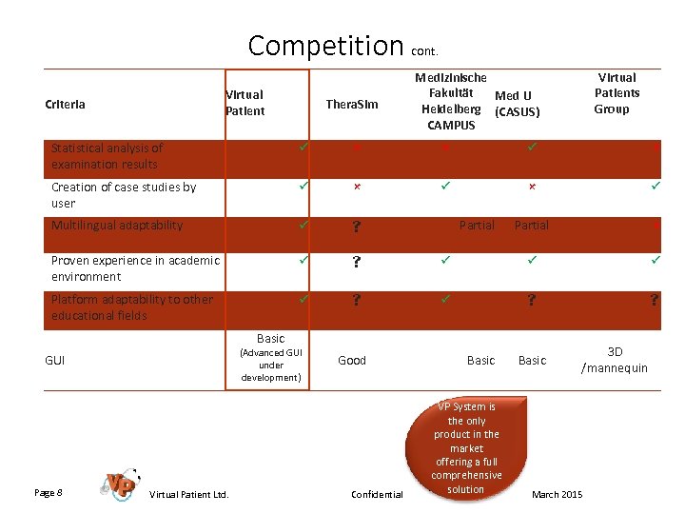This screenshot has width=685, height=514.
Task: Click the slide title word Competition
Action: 325,45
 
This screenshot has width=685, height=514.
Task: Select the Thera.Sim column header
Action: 351,103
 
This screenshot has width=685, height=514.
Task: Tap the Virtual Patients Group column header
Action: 616,93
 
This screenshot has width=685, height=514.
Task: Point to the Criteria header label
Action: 65,104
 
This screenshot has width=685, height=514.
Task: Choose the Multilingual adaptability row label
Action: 117,226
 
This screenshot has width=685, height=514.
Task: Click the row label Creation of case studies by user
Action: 124,195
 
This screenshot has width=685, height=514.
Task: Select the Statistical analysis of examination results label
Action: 107,156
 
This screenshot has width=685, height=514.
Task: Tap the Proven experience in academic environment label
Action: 135,268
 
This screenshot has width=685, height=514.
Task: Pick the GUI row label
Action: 55,361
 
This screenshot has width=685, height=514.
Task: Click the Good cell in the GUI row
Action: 352,360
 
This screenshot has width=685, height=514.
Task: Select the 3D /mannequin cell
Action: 614,360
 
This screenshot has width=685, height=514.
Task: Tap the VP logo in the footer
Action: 121,484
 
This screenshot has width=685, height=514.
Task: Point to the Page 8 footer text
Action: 49,492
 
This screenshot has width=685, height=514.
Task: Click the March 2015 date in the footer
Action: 558,494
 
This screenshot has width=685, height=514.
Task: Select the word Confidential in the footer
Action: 377,494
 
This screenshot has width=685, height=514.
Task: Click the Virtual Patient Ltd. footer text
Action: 188,494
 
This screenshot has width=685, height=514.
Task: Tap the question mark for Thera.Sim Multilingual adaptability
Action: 356,227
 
